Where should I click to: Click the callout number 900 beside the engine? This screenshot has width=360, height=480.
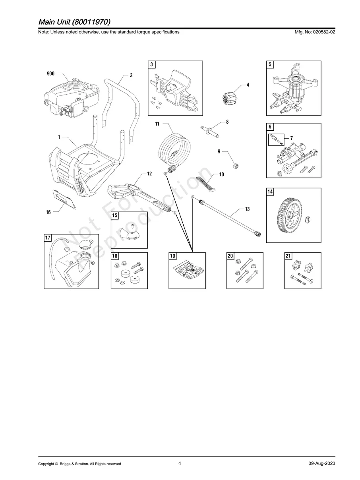point(51,74)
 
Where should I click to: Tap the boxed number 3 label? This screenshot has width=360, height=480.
point(152,64)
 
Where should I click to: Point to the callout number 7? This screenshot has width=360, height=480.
point(292,137)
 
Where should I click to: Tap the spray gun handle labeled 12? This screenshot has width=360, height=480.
point(127,191)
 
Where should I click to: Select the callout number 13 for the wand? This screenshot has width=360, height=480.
point(247,209)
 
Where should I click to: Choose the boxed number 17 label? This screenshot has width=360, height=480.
point(48,238)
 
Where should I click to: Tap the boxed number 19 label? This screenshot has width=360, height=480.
point(173,256)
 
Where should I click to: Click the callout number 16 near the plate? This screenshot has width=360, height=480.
point(48,213)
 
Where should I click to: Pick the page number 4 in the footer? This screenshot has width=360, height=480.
point(180,463)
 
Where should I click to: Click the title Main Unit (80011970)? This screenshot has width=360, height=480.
point(74,21)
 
